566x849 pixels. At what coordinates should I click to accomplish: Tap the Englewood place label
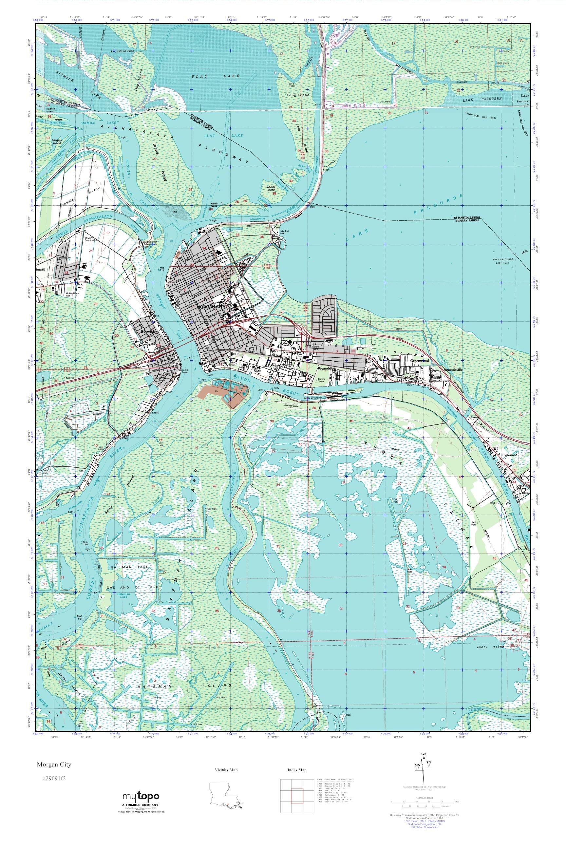[x=509, y=455]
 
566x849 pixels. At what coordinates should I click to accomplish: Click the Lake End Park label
[x=279, y=233]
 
